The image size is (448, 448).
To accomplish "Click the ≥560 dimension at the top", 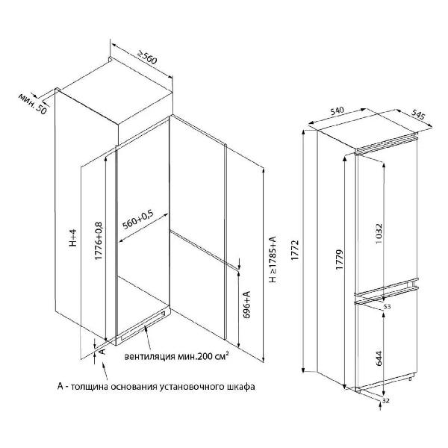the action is point(148,57).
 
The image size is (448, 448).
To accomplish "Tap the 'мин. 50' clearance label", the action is point(32,104).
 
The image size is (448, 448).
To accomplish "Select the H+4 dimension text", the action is point(73,237).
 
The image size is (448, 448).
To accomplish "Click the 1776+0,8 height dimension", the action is point(98,241).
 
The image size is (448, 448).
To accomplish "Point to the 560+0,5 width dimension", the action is point(138,220).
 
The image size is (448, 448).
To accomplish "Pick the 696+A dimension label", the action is point(246,305).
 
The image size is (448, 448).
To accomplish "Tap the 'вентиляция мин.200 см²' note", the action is point(176,356).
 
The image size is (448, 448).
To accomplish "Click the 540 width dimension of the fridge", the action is point(337,111).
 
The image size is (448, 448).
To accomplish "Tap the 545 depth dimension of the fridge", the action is point(418,114).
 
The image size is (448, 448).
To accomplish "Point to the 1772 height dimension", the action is point(295,250).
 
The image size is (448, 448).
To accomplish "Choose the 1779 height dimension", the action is point(339,259).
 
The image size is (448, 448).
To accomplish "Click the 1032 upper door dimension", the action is point(379,234).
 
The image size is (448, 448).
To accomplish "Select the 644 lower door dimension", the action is point(379,358).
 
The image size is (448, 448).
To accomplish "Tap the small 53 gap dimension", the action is point(387,307).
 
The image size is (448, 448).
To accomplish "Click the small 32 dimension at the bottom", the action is point(386,401).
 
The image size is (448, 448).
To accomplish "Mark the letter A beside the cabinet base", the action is point(102,351).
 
